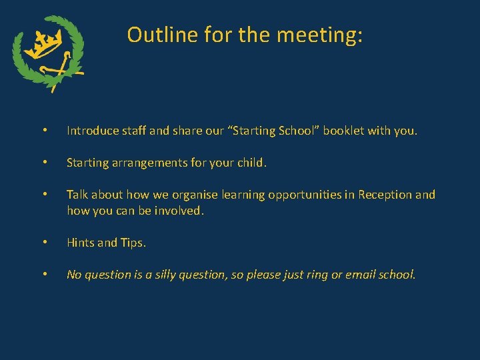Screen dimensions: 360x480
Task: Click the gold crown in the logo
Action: click(x=46, y=45)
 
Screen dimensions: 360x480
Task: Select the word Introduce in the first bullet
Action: click(x=91, y=131)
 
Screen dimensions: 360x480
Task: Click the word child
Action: click(x=251, y=163)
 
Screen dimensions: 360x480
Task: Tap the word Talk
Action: click(x=77, y=195)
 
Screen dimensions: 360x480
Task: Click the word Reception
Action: click(x=385, y=195)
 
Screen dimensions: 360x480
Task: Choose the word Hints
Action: click(x=80, y=243)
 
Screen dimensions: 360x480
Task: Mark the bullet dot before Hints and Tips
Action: click(x=45, y=243)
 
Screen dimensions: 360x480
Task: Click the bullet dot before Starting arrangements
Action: click(x=45, y=163)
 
